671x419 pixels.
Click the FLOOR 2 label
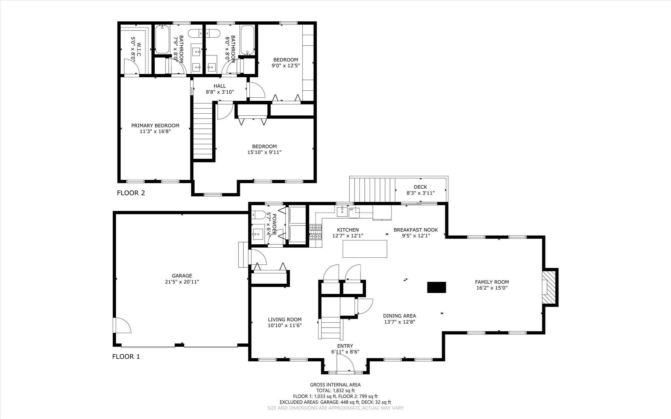[131, 193]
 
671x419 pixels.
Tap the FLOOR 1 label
[126, 356]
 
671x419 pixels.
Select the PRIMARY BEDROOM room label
[155, 125]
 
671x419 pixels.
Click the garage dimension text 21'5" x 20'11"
[182, 282]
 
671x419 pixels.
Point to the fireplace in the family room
[549, 287]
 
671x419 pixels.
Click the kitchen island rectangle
[365, 249]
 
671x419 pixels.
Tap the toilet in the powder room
[259, 215]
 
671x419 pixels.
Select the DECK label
[420, 187]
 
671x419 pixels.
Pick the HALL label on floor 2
[220, 86]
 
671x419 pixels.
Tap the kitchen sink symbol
[342, 211]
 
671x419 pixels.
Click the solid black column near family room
[436, 287]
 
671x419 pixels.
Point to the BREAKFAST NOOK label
[415, 230]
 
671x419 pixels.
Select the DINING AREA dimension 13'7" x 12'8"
[399, 322]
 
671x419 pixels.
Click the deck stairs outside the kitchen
[372, 190]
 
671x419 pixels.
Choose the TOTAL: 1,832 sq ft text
[335, 390]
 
